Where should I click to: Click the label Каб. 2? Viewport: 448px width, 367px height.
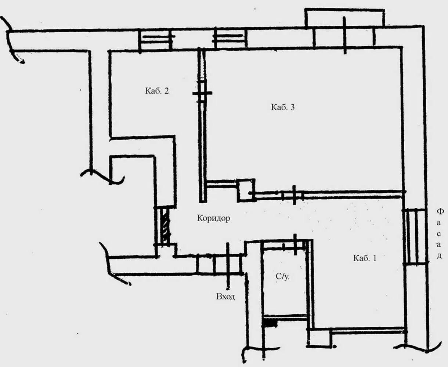click(x=157, y=91)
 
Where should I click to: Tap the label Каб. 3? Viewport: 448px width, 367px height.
click(x=283, y=107)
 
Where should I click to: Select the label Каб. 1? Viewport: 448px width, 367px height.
click(x=365, y=258)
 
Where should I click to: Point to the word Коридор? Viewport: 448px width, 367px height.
click(x=213, y=218)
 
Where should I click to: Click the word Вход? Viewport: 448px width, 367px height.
click(x=225, y=297)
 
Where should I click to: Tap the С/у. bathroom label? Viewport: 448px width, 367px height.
click(x=282, y=277)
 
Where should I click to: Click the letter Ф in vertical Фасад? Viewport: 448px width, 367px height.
click(x=441, y=211)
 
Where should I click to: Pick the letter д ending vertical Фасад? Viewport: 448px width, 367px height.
click(x=439, y=256)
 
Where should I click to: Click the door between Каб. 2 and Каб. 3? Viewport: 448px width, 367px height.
click(x=202, y=93)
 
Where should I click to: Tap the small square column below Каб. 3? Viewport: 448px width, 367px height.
click(x=246, y=190)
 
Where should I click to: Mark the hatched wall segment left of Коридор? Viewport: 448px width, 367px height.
click(x=165, y=226)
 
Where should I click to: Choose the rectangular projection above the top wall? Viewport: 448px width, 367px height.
click(x=344, y=18)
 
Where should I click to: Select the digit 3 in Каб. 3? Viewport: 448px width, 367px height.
click(x=292, y=107)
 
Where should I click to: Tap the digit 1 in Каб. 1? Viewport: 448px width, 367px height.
click(x=374, y=258)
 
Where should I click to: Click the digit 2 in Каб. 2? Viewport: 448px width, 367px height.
click(x=167, y=91)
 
